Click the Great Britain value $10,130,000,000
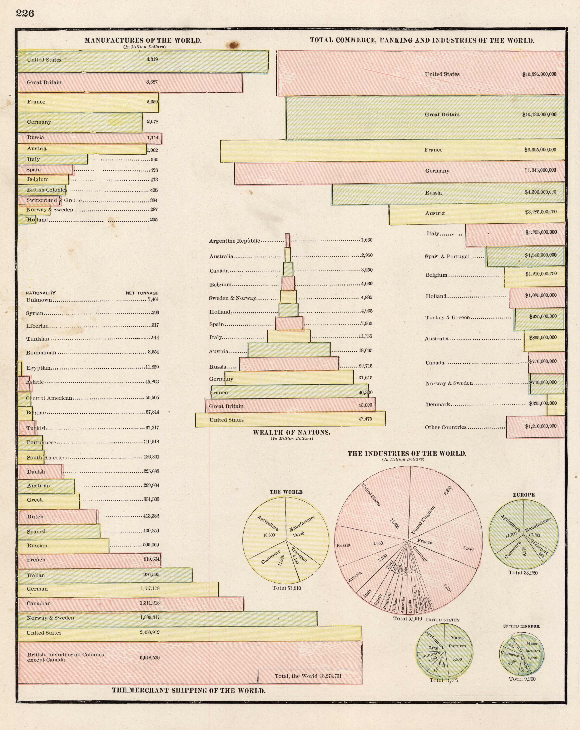(539, 115)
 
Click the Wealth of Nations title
(291, 432)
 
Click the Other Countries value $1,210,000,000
(540, 427)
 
